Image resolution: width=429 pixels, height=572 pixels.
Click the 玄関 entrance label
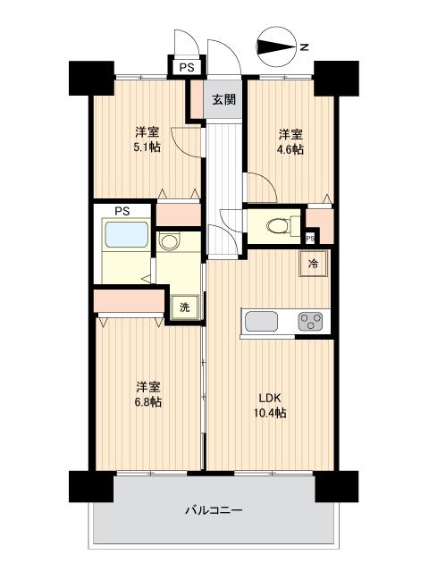coord(224,99)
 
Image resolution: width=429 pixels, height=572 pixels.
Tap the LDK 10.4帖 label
coord(270,405)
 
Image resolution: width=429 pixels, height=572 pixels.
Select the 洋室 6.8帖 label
coord(148,394)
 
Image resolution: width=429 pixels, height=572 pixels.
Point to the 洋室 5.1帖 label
coord(147,139)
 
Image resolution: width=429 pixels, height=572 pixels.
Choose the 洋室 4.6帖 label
coord(290,142)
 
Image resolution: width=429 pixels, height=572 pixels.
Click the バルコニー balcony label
coord(214,510)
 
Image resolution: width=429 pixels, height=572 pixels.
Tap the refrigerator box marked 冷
coord(314,264)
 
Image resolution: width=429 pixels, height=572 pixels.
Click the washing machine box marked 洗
coord(185,307)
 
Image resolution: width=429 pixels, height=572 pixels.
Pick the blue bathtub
coord(127,234)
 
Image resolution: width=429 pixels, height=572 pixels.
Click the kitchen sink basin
coord(261,322)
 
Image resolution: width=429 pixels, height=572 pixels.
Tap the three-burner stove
coord(310,322)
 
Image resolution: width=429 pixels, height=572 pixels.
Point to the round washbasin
coord(170,241)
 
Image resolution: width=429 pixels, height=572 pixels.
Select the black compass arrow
coord(276,47)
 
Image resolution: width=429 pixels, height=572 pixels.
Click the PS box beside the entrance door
coord(187,68)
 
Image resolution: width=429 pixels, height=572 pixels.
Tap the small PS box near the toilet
coord(310,239)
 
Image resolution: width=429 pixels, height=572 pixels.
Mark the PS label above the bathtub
coord(122,211)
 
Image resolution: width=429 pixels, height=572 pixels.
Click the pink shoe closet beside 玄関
coord(198,99)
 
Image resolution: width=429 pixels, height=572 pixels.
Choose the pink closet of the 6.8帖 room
coord(129,301)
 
